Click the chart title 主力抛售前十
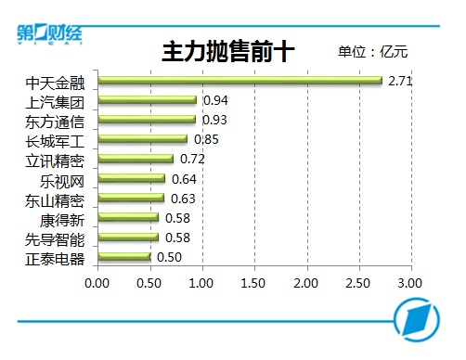228,52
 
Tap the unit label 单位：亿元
372,52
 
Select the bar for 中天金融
240,81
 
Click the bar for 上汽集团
148,100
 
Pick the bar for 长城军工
143,139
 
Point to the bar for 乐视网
132,178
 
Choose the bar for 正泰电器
124,257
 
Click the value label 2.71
400,81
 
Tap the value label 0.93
214,120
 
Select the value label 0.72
192,159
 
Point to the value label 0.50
169,257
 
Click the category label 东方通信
55,122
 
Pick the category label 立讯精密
55,161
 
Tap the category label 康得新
62,220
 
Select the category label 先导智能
55,239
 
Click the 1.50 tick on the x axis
253,283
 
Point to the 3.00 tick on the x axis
409,283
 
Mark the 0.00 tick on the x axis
97,283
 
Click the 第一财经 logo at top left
49,34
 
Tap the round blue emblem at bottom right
417,320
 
